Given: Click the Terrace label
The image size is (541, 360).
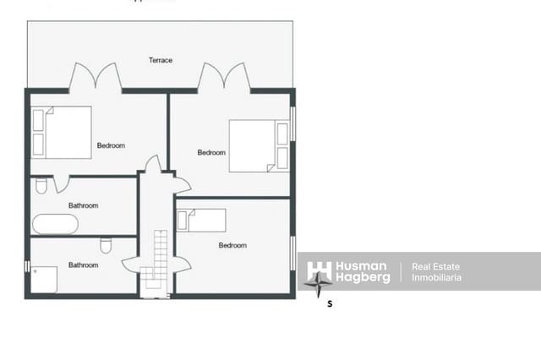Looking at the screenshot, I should tap(161, 60).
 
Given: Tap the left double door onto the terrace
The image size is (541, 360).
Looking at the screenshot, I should tap(96, 78).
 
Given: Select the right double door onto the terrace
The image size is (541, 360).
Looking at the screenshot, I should tap(225, 78).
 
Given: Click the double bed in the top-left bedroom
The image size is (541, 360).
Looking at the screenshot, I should tap(62, 133).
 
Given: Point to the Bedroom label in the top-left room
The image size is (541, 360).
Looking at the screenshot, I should tap(111, 145).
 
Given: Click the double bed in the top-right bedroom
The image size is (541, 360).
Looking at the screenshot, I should tap(259, 146).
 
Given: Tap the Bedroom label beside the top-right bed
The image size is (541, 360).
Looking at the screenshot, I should tap(211, 153).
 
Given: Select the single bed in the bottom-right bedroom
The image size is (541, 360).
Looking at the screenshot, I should tap(201, 220).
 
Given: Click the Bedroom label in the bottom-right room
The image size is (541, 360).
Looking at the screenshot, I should tap(232, 245).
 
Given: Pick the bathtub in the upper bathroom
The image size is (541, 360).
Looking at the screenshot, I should tap(56, 224).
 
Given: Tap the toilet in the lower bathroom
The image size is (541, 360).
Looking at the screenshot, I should tap(106, 246).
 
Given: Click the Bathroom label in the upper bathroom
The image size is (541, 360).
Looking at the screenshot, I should tap(83, 205).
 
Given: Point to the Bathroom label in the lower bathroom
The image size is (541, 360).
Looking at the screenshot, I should tap(83, 265).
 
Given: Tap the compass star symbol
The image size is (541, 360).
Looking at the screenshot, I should tap(319, 284).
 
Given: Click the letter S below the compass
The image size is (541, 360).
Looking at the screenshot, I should tap(330, 303).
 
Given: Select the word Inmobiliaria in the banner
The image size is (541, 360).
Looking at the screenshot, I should tap(436, 277).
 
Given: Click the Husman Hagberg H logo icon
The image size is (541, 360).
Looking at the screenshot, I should tap(319, 270).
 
